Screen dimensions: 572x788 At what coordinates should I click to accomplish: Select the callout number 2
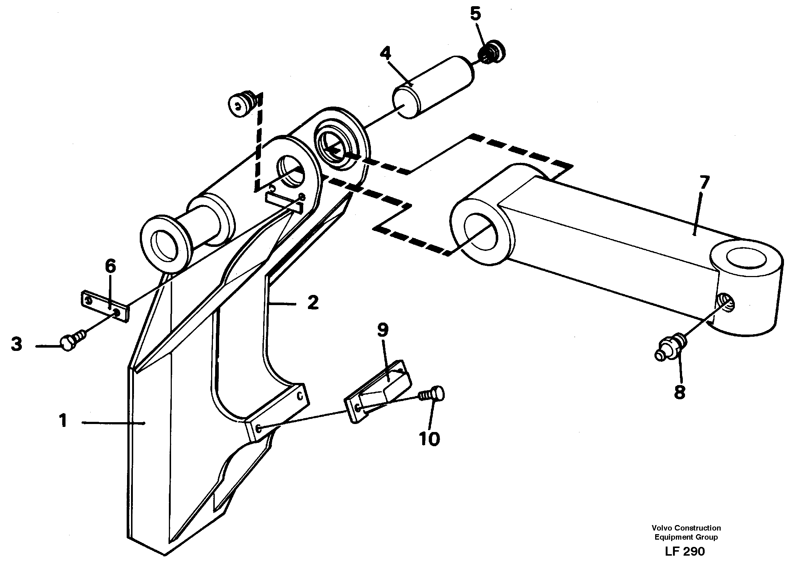pyautogui.click(x=313, y=303)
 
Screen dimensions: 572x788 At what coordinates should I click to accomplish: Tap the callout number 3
pyautogui.click(x=16, y=344)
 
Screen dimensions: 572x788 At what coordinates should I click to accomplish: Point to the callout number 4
pyautogui.click(x=385, y=53)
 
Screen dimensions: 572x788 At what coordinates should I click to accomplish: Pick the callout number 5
pyautogui.click(x=475, y=14)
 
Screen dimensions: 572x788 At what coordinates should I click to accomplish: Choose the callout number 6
pyautogui.click(x=110, y=267)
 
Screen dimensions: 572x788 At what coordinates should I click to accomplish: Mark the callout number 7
pyautogui.click(x=704, y=183)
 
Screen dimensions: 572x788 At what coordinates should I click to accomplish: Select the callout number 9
pyautogui.click(x=383, y=330)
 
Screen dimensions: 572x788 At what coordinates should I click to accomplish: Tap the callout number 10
pyautogui.click(x=429, y=439)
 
